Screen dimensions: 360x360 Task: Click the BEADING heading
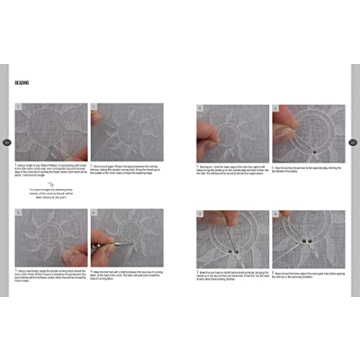click(x=22, y=82)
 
